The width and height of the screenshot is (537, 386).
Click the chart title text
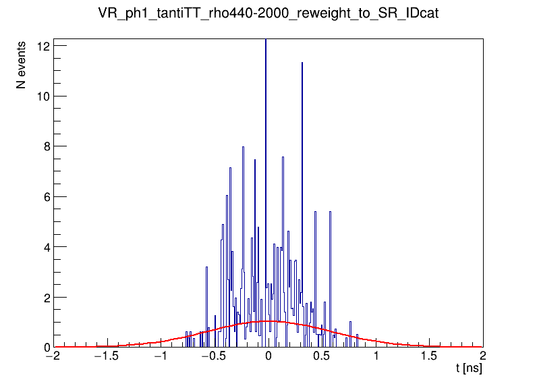(268, 14)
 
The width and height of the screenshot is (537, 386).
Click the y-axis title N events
(22, 65)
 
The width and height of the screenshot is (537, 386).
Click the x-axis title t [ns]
(468, 369)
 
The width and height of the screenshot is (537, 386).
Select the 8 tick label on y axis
(45, 146)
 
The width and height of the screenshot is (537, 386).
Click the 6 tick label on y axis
(45, 196)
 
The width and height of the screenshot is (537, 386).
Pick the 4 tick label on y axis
(45, 247)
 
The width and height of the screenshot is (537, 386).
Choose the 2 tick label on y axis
(45, 297)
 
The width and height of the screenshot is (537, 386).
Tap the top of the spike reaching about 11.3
(302, 63)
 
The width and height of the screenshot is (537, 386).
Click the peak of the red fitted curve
(268, 321)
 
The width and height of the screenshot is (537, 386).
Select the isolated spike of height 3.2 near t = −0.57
(206, 267)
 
